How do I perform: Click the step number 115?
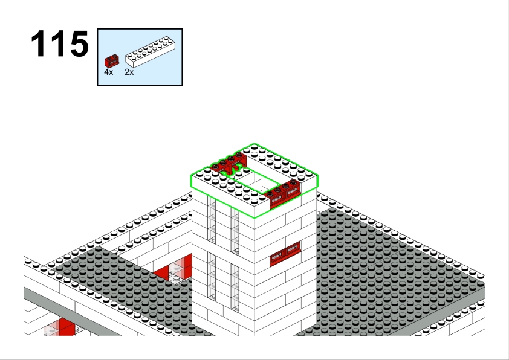[x=60, y=43]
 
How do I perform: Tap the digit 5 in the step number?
[x=79, y=43]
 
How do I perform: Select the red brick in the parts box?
[x=111, y=61]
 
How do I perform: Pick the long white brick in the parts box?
[x=150, y=52]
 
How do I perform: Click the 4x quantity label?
[x=108, y=72]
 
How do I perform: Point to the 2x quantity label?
[x=129, y=72]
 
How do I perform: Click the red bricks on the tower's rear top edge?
[x=229, y=163]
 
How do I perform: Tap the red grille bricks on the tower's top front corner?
[x=282, y=193]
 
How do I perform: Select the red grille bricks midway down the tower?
[x=285, y=254]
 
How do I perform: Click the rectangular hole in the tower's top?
[x=255, y=179]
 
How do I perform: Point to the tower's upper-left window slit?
[x=212, y=220]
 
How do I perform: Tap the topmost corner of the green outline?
[x=254, y=143]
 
